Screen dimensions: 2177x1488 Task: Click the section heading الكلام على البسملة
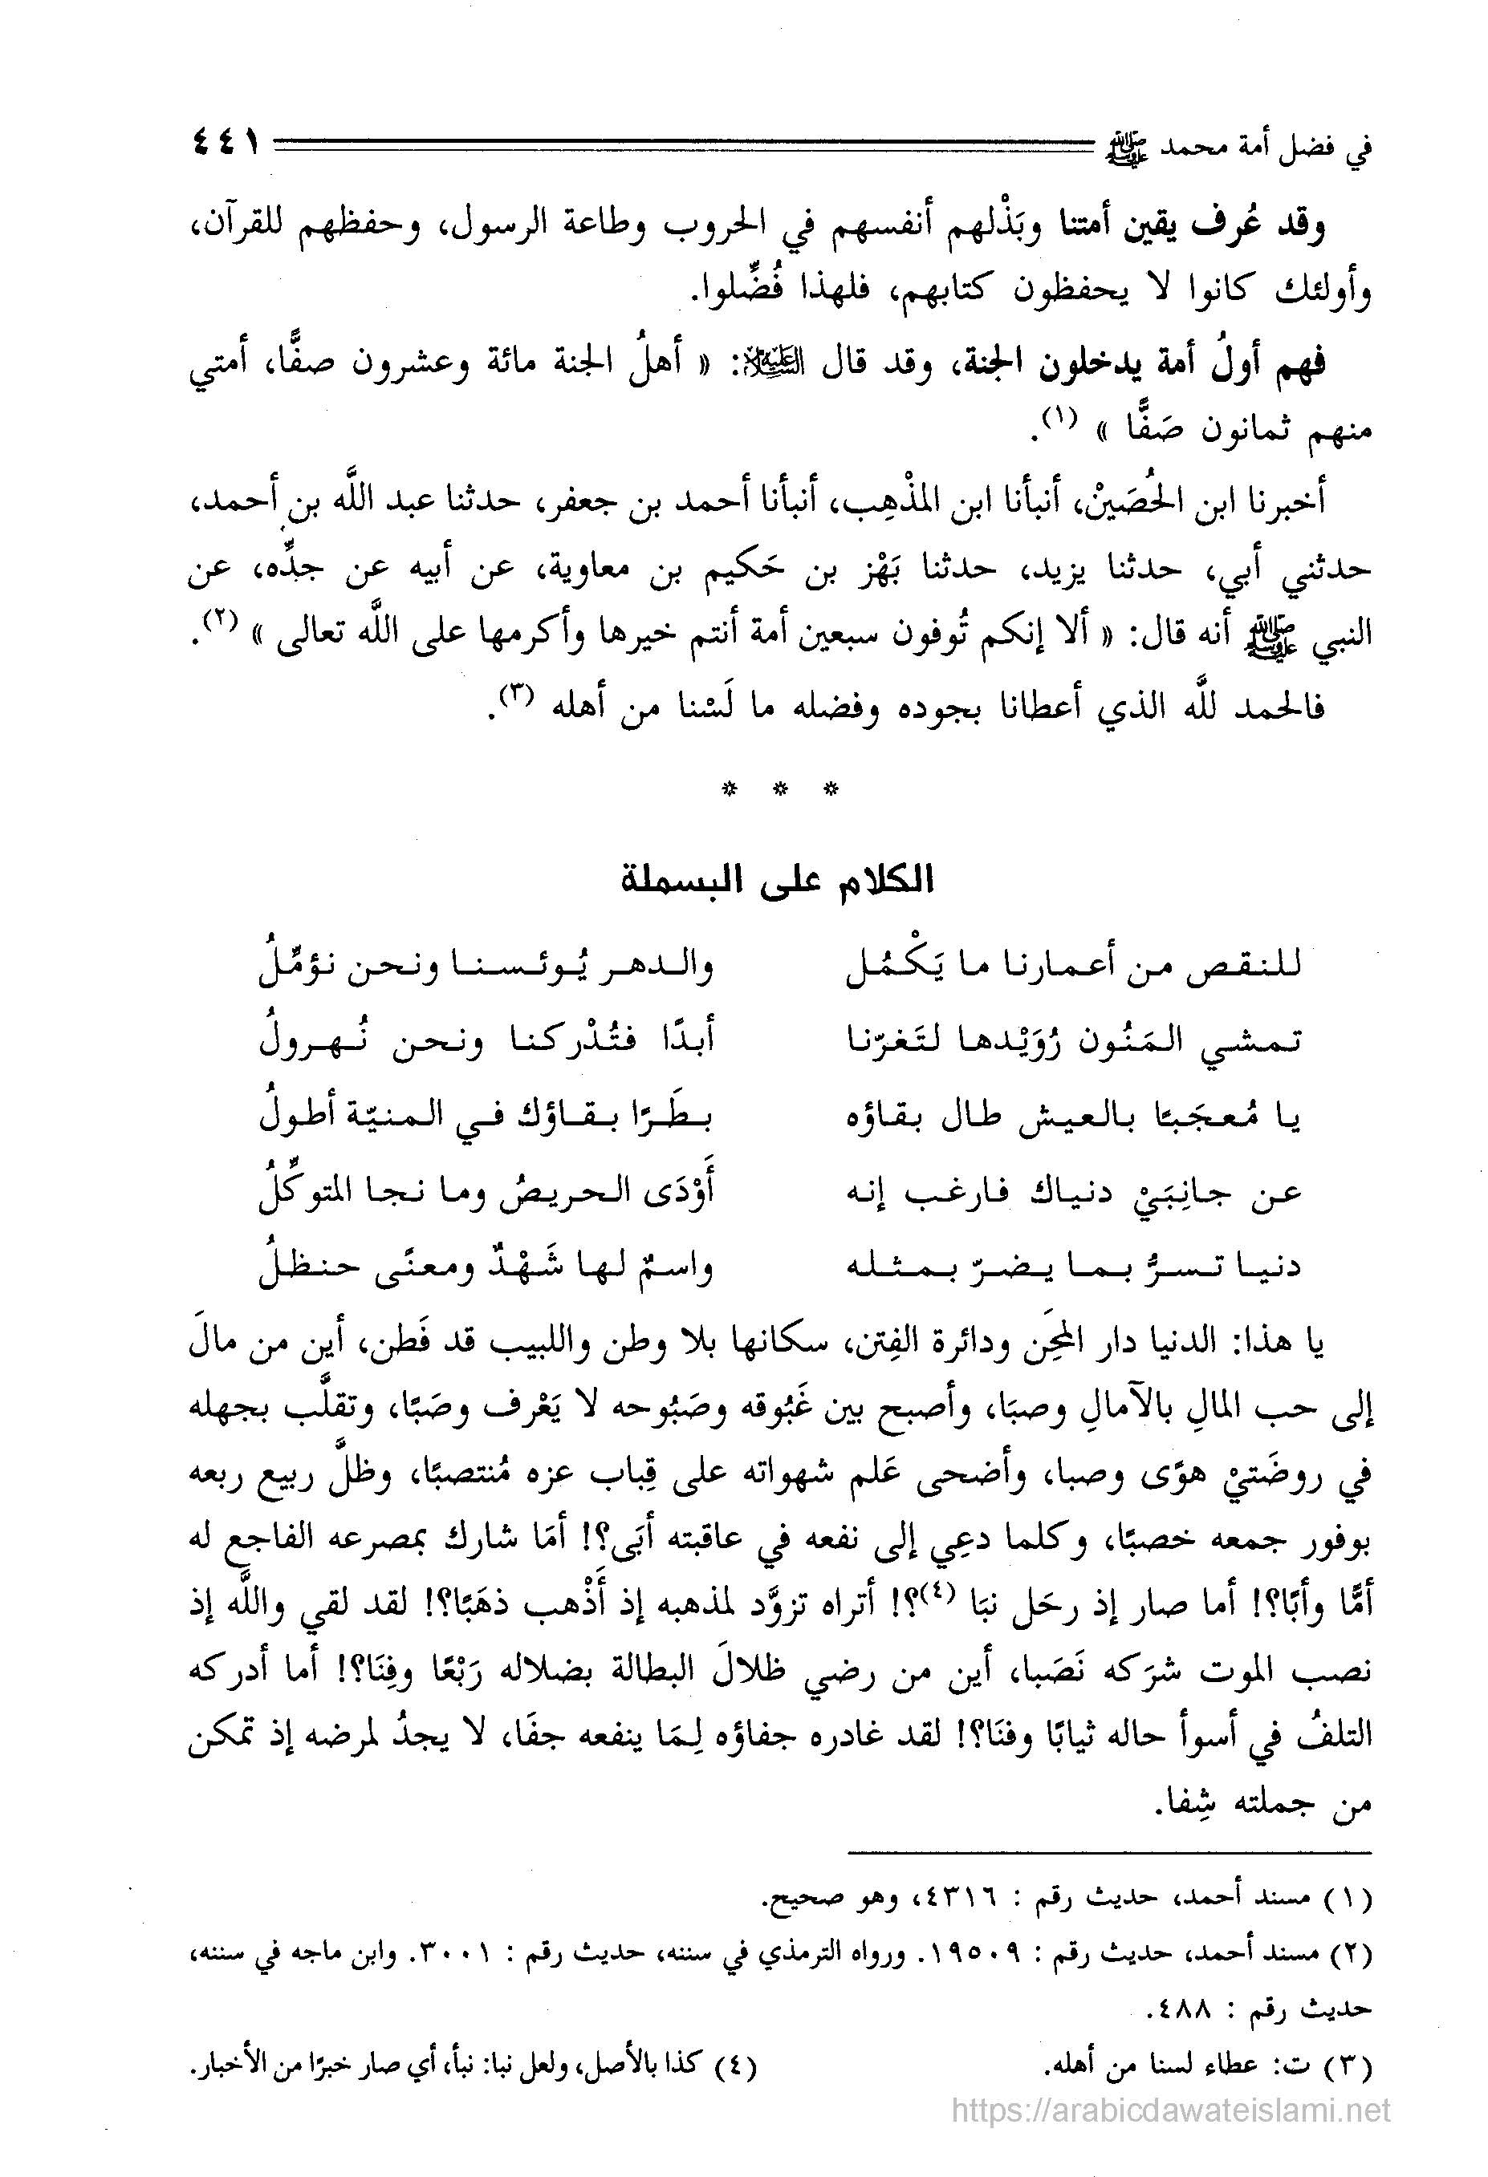coord(777,882)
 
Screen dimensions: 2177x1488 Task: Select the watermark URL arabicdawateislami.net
coord(1170,2110)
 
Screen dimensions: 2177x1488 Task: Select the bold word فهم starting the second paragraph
coord(1297,362)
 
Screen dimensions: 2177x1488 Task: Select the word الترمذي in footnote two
coord(778,1956)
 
